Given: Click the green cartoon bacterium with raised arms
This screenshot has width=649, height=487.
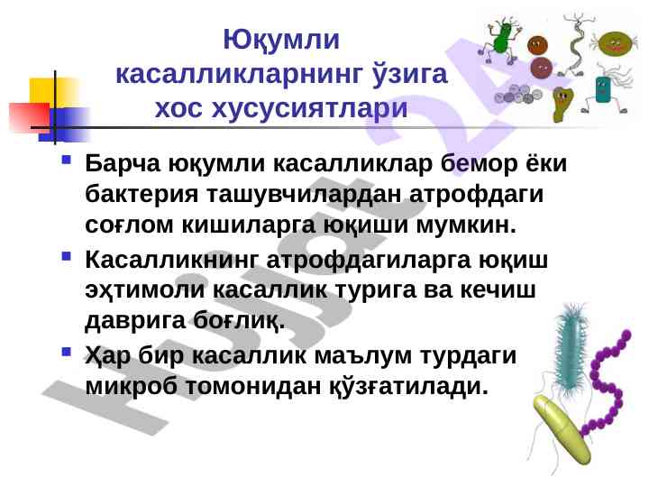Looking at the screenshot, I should pyautogui.click(x=502, y=36).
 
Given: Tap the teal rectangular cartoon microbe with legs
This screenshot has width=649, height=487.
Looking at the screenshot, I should pyautogui.click(x=602, y=90).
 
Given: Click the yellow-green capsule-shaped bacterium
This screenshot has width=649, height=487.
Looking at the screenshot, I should pyautogui.click(x=566, y=430).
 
